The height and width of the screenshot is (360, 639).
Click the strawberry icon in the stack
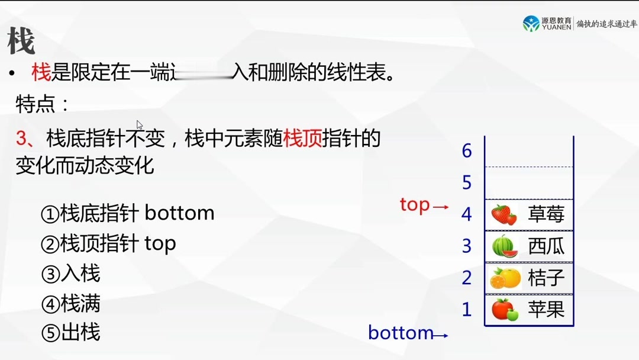tap(504, 214)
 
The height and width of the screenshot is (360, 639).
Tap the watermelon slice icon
tap(505, 246)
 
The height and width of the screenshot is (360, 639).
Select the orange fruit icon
tap(505, 278)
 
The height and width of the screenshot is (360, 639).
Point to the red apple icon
tap(505, 309)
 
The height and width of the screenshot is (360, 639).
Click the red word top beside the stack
tap(415, 205)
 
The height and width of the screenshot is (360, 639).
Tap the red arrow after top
tap(441, 207)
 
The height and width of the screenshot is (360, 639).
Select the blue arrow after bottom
tap(441, 336)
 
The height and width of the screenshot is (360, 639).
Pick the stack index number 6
tap(467, 151)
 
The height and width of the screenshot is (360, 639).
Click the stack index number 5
tap(467, 182)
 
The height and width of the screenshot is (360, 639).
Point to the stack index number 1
tap(467, 309)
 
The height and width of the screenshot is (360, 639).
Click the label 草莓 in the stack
tap(546, 214)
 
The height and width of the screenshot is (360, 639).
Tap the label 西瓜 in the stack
tap(546, 246)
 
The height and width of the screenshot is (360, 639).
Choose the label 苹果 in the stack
tap(546, 309)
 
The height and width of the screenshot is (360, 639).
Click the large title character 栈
tap(21, 41)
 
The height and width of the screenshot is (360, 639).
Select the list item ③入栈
tap(70, 274)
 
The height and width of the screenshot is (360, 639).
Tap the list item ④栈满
tap(70, 304)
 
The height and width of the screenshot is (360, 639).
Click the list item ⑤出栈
tap(70, 332)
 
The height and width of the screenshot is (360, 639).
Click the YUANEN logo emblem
tap(531, 23)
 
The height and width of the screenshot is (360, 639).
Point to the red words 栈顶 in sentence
tap(303, 139)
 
